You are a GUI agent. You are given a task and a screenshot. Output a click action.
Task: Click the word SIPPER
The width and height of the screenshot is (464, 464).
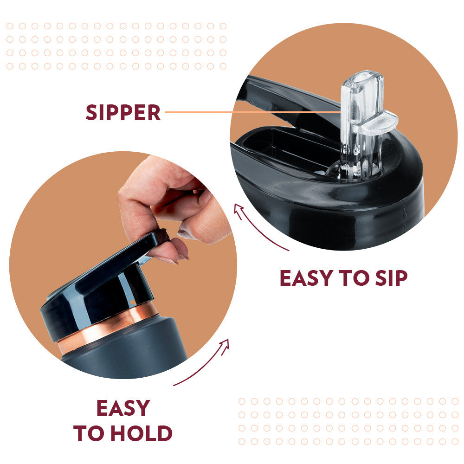pos(123,112)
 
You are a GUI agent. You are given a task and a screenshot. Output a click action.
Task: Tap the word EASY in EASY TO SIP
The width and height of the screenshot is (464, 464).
pos(307,278)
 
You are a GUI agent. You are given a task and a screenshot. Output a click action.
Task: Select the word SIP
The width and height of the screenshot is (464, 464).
pos(391,278)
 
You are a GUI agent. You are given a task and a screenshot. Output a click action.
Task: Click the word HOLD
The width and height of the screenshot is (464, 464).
pos(142,433)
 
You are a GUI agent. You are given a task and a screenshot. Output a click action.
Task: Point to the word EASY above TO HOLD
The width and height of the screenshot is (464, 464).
pos(123,408)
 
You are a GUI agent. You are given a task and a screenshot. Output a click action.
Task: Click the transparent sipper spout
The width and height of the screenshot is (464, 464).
pos(363,124)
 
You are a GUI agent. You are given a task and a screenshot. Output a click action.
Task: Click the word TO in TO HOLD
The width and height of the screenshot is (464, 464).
pos(90,433)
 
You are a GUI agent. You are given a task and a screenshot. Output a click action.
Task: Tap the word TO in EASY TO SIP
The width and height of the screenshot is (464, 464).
pos(354,278)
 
